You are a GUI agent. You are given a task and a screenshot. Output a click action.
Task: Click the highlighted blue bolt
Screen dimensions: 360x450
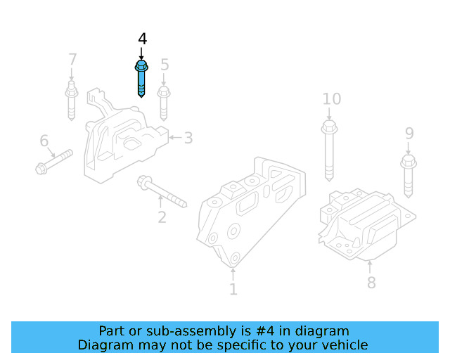141,78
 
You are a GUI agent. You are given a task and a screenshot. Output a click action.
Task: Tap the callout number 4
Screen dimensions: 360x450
142,39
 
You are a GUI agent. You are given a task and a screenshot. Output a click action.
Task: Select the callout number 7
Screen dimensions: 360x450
72,59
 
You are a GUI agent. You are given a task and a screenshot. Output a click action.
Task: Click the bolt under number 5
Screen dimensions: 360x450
164,103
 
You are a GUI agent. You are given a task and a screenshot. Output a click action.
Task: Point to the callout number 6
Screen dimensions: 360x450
44,141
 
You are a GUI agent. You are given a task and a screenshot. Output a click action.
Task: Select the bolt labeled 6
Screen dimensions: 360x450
54,161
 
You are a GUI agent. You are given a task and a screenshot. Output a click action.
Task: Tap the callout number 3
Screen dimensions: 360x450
188,138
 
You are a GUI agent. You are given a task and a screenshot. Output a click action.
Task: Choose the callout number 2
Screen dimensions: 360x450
162,217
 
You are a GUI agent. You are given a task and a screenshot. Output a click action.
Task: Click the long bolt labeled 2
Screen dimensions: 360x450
161,191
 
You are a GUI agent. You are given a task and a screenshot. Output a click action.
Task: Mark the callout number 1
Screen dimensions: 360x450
233,289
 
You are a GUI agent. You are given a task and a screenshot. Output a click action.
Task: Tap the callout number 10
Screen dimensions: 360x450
331,99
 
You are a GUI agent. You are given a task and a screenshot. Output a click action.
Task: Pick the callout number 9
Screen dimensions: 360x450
409,134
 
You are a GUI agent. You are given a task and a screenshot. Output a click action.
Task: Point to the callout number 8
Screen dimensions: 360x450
371,283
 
